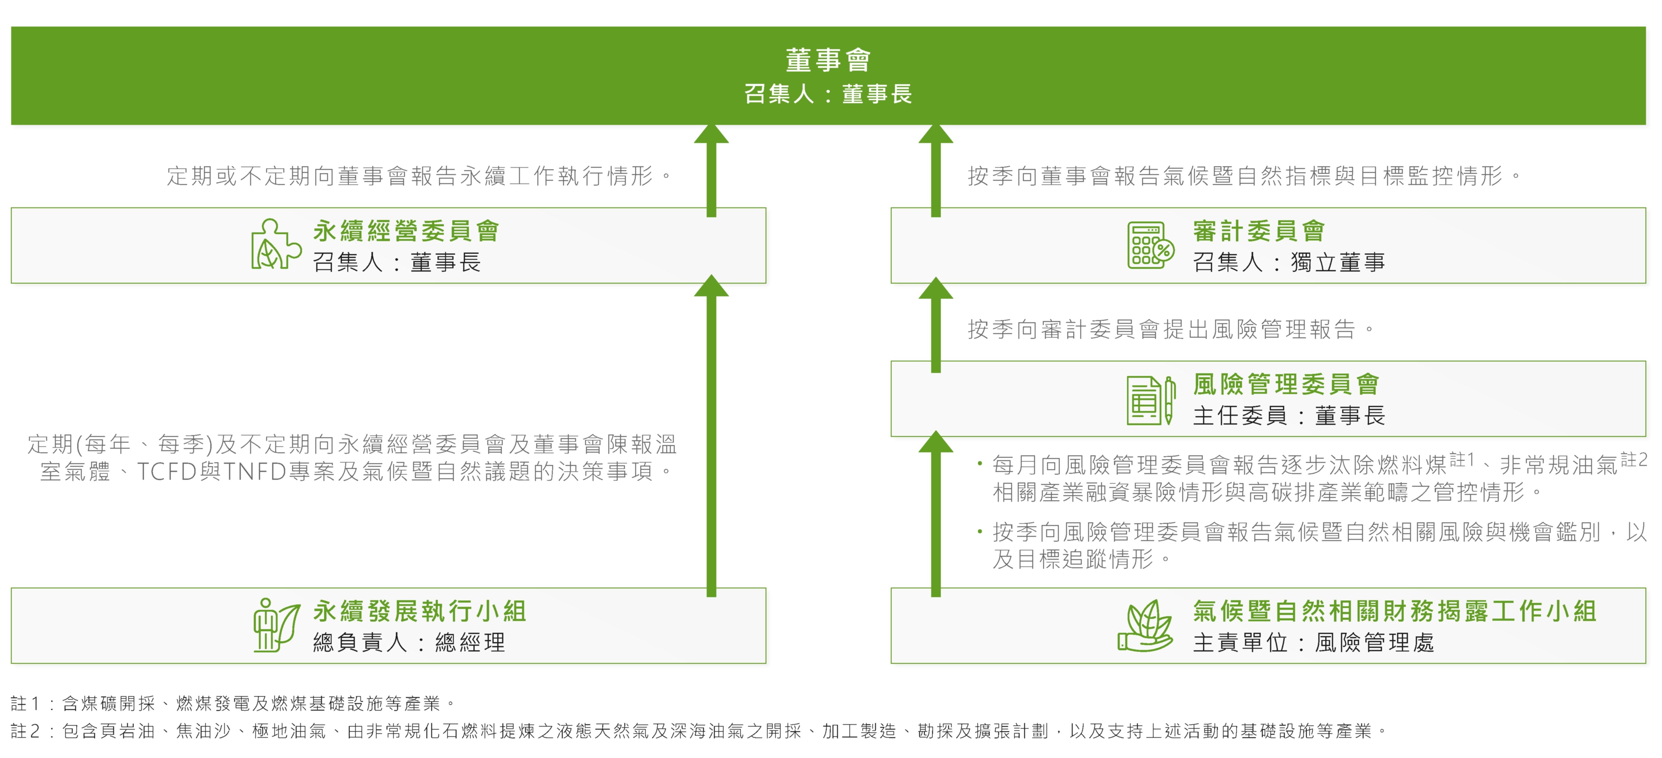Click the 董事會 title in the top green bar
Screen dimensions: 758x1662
click(828, 60)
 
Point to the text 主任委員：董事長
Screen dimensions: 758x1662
click(1288, 415)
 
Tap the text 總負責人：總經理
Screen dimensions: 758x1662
click(408, 642)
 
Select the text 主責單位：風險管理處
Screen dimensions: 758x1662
click(1313, 642)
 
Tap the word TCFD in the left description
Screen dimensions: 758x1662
click(167, 472)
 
